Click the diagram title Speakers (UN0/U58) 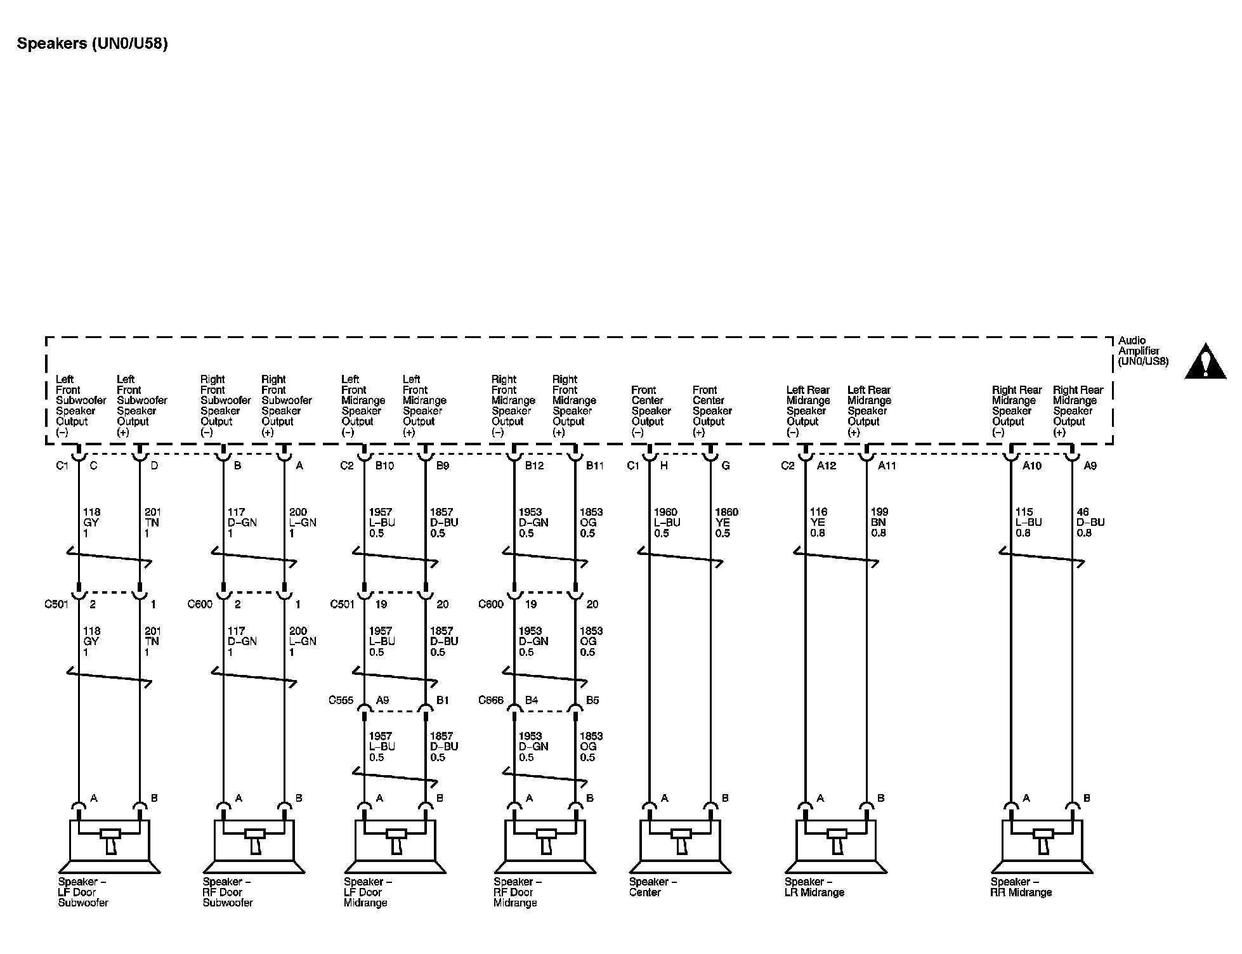(x=93, y=44)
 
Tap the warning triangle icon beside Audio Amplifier (x=1205, y=362)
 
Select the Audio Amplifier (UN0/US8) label (x=1142, y=351)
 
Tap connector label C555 (x=341, y=700)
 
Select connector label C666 (x=491, y=700)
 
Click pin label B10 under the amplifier (x=384, y=466)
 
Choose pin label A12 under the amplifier (x=826, y=466)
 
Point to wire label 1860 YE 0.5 (x=726, y=523)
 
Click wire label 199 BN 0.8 (x=879, y=522)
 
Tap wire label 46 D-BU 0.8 (x=1090, y=522)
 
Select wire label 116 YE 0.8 (x=818, y=522)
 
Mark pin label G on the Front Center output (x=726, y=466)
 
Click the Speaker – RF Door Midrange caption (x=517, y=892)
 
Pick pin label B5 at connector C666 (x=592, y=700)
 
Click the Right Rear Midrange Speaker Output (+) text (x=1078, y=410)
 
